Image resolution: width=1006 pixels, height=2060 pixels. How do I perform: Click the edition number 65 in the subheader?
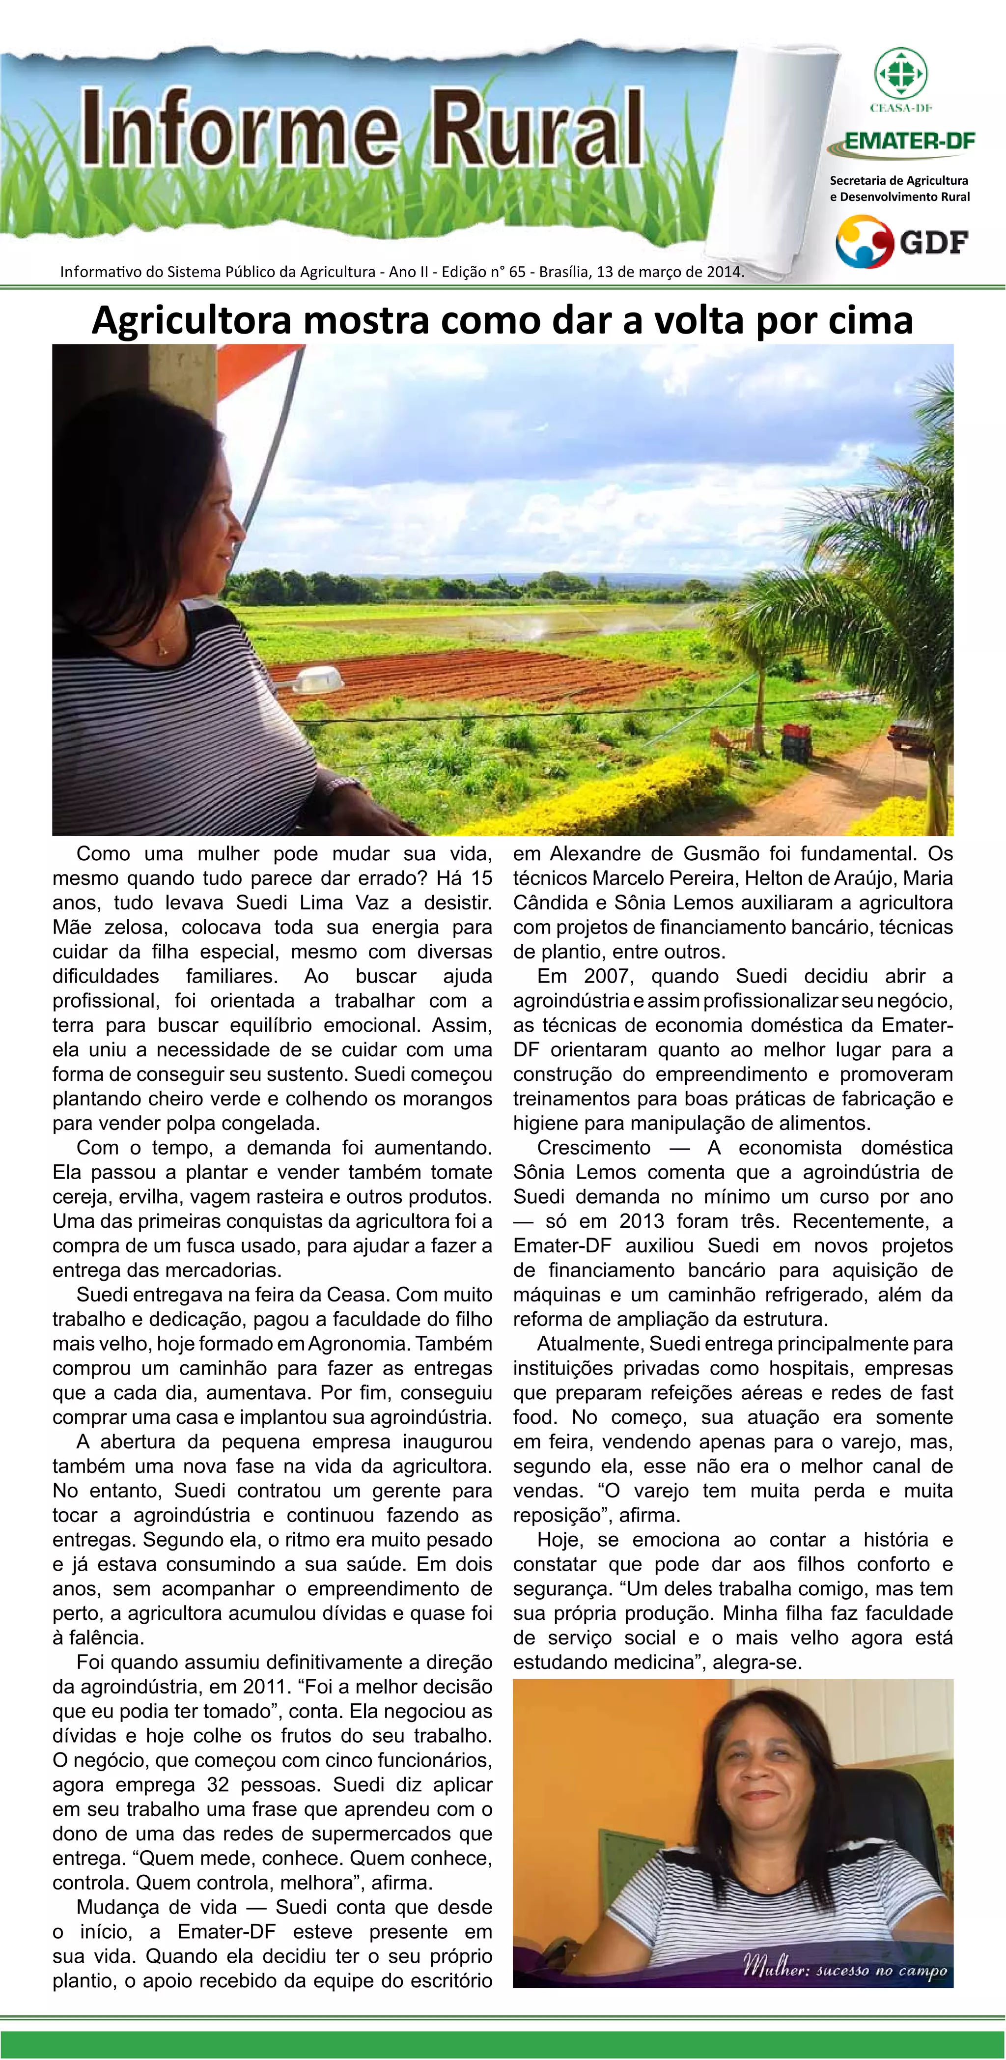[x=517, y=272]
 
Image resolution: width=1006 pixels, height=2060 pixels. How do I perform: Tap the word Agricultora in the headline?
[x=192, y=321]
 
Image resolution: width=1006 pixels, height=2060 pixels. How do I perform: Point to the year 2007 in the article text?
[x=607, y=976]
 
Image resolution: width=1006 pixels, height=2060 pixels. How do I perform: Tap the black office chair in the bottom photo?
[x=920, y=1831]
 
